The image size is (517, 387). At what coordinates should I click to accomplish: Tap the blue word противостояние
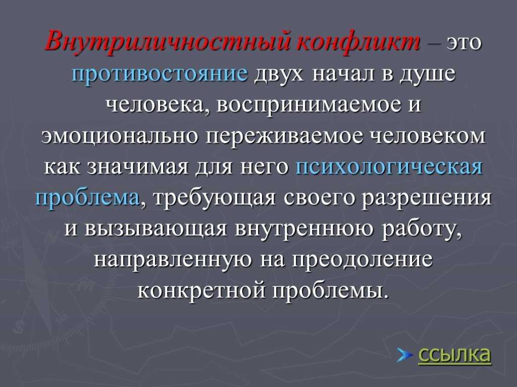(160, 74)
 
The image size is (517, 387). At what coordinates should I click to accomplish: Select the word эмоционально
(120, 136)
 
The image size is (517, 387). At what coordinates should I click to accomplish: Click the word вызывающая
(156, 229)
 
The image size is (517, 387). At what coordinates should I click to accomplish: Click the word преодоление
(363, 260)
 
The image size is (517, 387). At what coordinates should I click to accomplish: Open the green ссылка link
(455, 355)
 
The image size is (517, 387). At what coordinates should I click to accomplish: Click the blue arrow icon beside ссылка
(404, 355)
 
